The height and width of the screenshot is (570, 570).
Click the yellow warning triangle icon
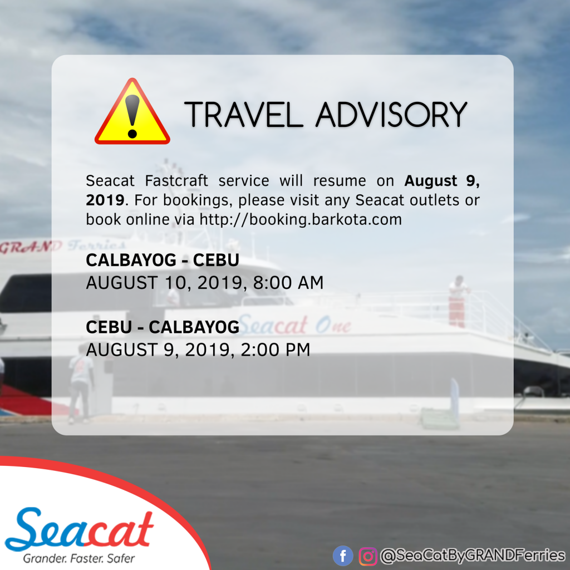coord(132,112)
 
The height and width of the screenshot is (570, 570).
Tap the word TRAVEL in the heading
coord(244,115)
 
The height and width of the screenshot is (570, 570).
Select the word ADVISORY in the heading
coord(391,115)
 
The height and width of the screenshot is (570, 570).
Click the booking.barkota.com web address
coord(301,219)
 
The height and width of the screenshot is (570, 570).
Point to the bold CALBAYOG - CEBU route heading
coord(163,260)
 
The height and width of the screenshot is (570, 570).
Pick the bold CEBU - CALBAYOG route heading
coord(163,327)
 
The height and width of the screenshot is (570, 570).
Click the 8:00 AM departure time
coord(288,282)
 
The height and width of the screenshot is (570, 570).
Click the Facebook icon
coord(343,556)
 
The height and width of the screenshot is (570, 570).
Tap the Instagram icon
coord(368,556)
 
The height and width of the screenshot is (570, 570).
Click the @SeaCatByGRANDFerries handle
coord(473,556)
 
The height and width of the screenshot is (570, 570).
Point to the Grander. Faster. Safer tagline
coord(79,558)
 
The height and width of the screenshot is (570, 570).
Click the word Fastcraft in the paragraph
coord(176,181)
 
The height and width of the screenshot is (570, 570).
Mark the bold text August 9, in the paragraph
coord(442,181)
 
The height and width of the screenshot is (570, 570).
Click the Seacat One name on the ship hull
coord(294,325)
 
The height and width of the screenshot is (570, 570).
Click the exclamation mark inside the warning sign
coord(132,116)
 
